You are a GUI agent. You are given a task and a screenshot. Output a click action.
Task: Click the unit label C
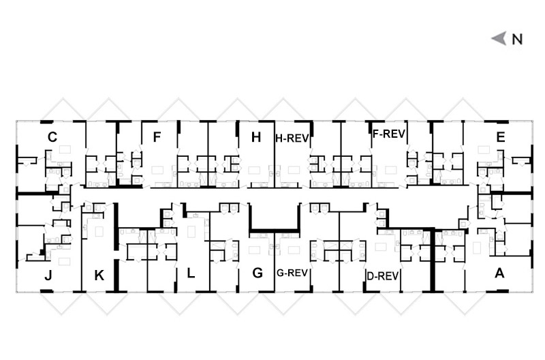pyautogui.click(x=52, y=137)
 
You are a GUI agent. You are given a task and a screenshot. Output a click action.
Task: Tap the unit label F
pyautogui.click(x=157, y=137)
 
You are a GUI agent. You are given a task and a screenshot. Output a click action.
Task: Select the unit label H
pyautogui.click(x=256, y=138)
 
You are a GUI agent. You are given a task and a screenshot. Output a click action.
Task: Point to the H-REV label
pyautogui.click(x=292, y=138)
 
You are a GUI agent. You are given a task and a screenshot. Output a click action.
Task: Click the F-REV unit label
pyautogui.click(x=388, y=134)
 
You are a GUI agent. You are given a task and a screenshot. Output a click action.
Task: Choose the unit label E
pyautogui.click(x=501, y=137)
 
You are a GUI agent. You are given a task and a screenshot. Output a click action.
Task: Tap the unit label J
pyautogui.click(x=48, y=275)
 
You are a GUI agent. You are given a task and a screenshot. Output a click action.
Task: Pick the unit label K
pyautogui.click(x=99, y=275)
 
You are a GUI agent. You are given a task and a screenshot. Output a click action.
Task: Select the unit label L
pyautogui.click(x=191, y=273)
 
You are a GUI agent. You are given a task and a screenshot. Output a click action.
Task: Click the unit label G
pyautogui.click(x=258, y=273)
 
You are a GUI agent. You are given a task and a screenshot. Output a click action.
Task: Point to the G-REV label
pyautogui.click(x=292, y=273)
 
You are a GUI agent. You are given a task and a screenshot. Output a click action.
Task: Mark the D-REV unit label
pyautogui.click(x=383, y=276)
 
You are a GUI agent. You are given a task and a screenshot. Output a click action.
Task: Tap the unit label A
pyautogui.click(x=499, y=273)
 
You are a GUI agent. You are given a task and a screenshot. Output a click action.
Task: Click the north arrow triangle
pyautogui.click(x=499, y=38)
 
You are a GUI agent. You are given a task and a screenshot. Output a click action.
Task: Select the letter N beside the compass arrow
pyautogui.click(x=517, y=39)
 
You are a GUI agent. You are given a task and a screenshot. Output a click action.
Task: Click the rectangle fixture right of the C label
pyautogui.click(x=65, y=149)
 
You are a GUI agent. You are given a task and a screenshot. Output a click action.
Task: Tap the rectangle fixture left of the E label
pyautogui.click(x=484, y=150)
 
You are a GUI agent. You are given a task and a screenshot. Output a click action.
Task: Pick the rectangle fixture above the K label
pyautogui.click(x=99, y=232)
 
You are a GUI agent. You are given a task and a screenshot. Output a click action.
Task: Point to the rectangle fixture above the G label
pyautogui.click(x=254, y=250)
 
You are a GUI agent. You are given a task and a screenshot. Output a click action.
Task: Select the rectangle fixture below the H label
pyautogui.click(x=254, y=170)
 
